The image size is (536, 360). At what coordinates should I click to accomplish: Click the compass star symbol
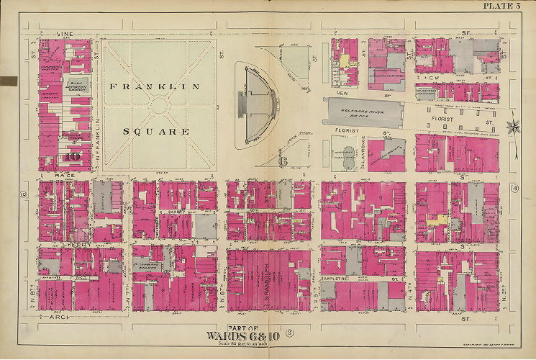click(x=514, y=127)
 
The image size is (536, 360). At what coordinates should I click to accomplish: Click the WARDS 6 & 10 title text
click(x=257, y=335)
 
